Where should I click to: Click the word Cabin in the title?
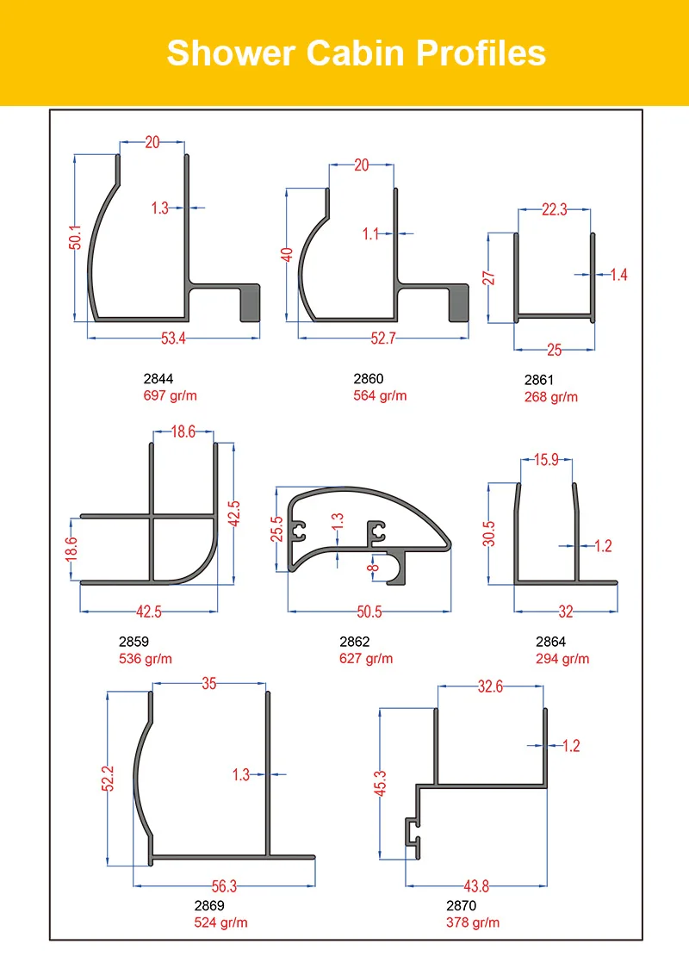357,53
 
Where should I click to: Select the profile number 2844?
158,378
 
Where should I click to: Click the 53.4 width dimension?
173,338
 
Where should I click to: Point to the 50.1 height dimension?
75,238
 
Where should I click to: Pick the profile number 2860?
369,378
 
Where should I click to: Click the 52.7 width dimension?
382,338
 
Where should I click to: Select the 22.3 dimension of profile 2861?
554,209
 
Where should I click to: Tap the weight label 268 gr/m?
551,397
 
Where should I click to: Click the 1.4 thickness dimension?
618,275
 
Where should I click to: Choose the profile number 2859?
133,642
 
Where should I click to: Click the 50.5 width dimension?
369,612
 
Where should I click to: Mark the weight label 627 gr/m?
366,659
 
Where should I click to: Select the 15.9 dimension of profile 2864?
546,460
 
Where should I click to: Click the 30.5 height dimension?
488,533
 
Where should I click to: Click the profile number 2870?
461,905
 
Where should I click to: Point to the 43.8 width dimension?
475,886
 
